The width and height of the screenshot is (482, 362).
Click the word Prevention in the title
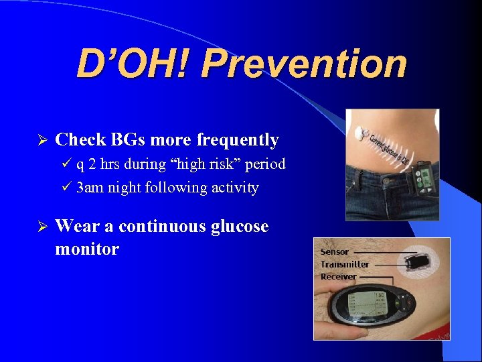pyautogui.click(x=304, y=64)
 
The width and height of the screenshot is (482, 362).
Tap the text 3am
pyautogui.click(x=90, y=188)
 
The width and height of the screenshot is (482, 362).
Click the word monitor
pyautogui.click(x=87, y=249)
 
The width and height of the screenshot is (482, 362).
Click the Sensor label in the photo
pyautogui.click(x=335, y=252)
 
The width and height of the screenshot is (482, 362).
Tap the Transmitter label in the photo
pyautogui.click(x=344, y=264)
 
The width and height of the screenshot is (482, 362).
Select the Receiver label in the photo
pyautogui.click(x=338, y=276)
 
